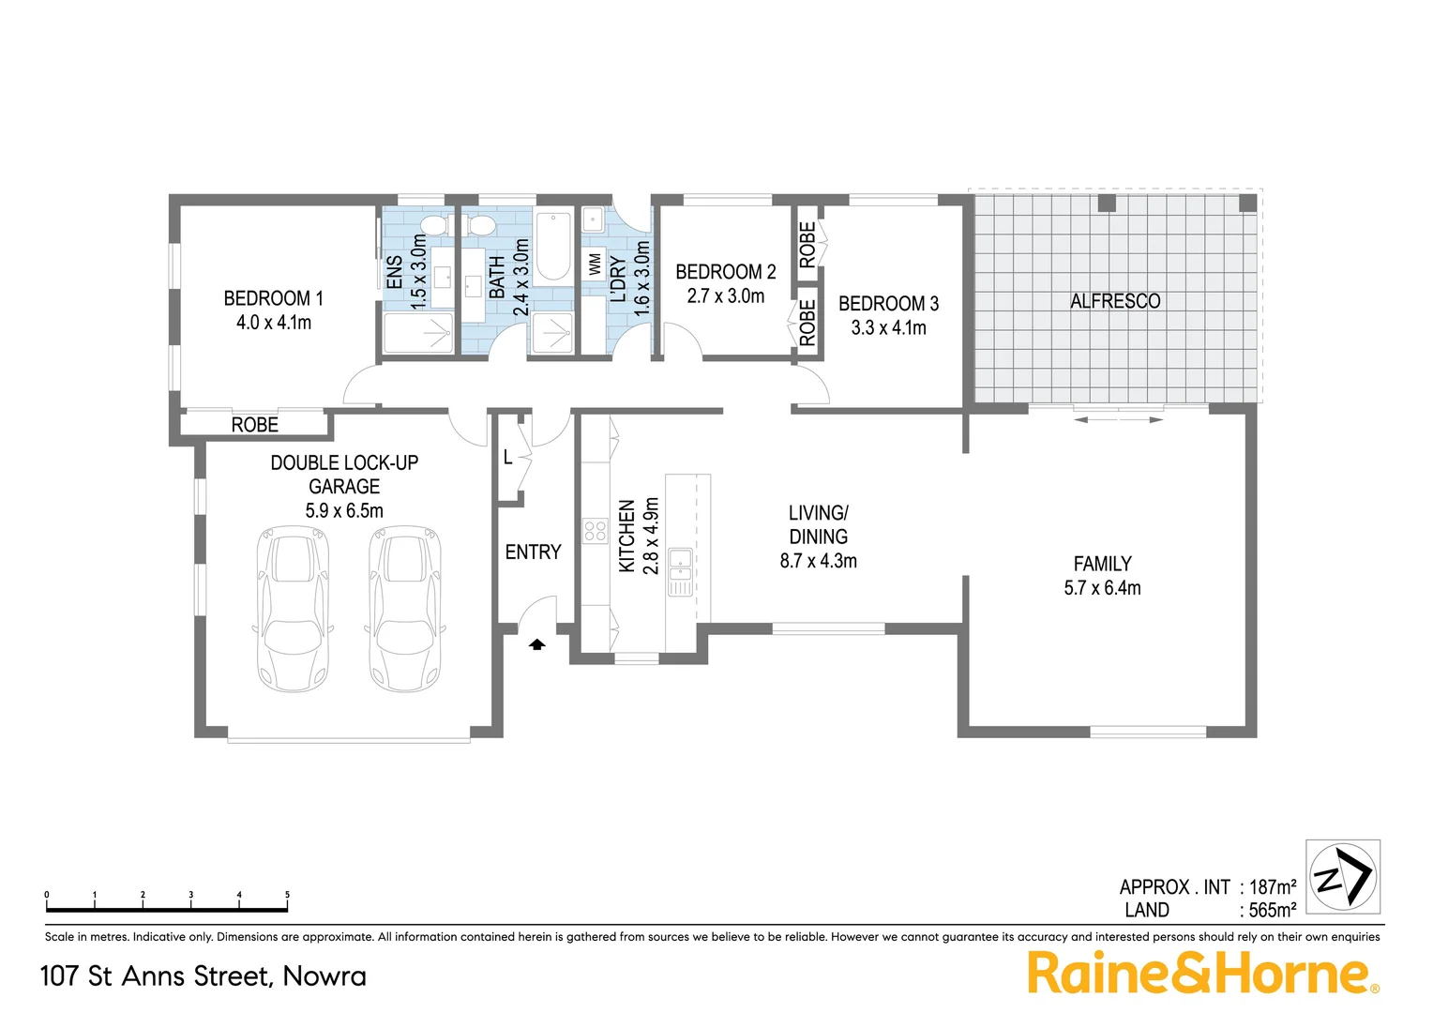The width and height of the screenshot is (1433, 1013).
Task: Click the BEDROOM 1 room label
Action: tap(273, 298)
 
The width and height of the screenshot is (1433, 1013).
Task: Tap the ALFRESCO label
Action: tap(1115, 301)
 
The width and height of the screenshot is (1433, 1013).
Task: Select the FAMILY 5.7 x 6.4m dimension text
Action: tap(1102, 588)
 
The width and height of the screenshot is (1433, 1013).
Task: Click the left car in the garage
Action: tap(292, 609)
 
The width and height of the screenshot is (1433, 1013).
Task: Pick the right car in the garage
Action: tap(405, 609)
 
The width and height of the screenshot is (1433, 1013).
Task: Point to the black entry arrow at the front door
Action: tap(537, 643)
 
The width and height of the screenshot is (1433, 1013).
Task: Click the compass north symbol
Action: tap(1343, 876)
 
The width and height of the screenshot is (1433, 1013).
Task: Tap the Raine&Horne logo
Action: tap(1201, 973)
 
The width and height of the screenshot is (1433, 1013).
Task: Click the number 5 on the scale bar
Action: tap(287, 895)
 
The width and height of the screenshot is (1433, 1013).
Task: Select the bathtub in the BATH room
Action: tap(553, 247)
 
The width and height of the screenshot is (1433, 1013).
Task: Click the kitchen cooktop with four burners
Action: tap(596, 531)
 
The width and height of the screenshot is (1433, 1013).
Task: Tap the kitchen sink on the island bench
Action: tap(680, 571)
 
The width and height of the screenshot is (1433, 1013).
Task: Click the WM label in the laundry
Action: tap(595, 265)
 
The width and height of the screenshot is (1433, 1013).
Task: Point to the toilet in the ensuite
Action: tap(434, 225)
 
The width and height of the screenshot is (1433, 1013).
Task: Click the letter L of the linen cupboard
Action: tap(507, 458)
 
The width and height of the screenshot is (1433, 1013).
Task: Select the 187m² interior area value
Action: tap(1273, 887)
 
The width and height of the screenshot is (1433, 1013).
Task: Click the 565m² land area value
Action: tap(1273, 910)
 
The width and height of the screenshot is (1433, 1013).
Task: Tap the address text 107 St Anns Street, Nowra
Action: tap(204, 975)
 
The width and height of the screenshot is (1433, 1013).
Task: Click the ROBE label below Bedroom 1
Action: tap(254, 425)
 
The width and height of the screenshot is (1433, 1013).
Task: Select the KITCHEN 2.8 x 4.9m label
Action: tap(639, 536)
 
